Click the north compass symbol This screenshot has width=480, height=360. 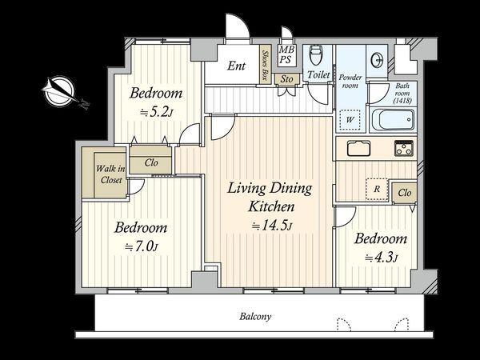[x=59, y=91]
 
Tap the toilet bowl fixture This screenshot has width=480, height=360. [x=316, y=55]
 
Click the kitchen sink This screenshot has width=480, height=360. [x=358, y=148]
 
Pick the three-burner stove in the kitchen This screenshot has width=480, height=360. [x=404, y=148]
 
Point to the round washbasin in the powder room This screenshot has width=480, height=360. [x=377, y=60]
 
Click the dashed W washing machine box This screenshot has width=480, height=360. [x=350, y=120]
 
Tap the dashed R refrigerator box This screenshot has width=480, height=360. [x=377, y=189]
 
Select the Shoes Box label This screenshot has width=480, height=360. [x=264, y=65]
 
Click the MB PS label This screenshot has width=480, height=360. [x=286, y=54]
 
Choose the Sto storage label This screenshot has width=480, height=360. [x=286, y=79]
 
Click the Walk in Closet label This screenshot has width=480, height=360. [x=110, y=174]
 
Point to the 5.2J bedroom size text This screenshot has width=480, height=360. [x=157, y=113]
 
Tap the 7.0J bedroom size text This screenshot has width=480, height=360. [x=142, y=246]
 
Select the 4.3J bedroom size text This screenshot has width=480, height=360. [x=382, y=258]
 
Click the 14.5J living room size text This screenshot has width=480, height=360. [x=271, y=226]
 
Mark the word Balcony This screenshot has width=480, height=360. [x=255, y=317]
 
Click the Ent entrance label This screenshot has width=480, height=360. [x=236, y=66]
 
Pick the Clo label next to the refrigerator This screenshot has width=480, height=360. [x=405, y=193]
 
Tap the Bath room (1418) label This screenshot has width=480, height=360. [x=402, y=93]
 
